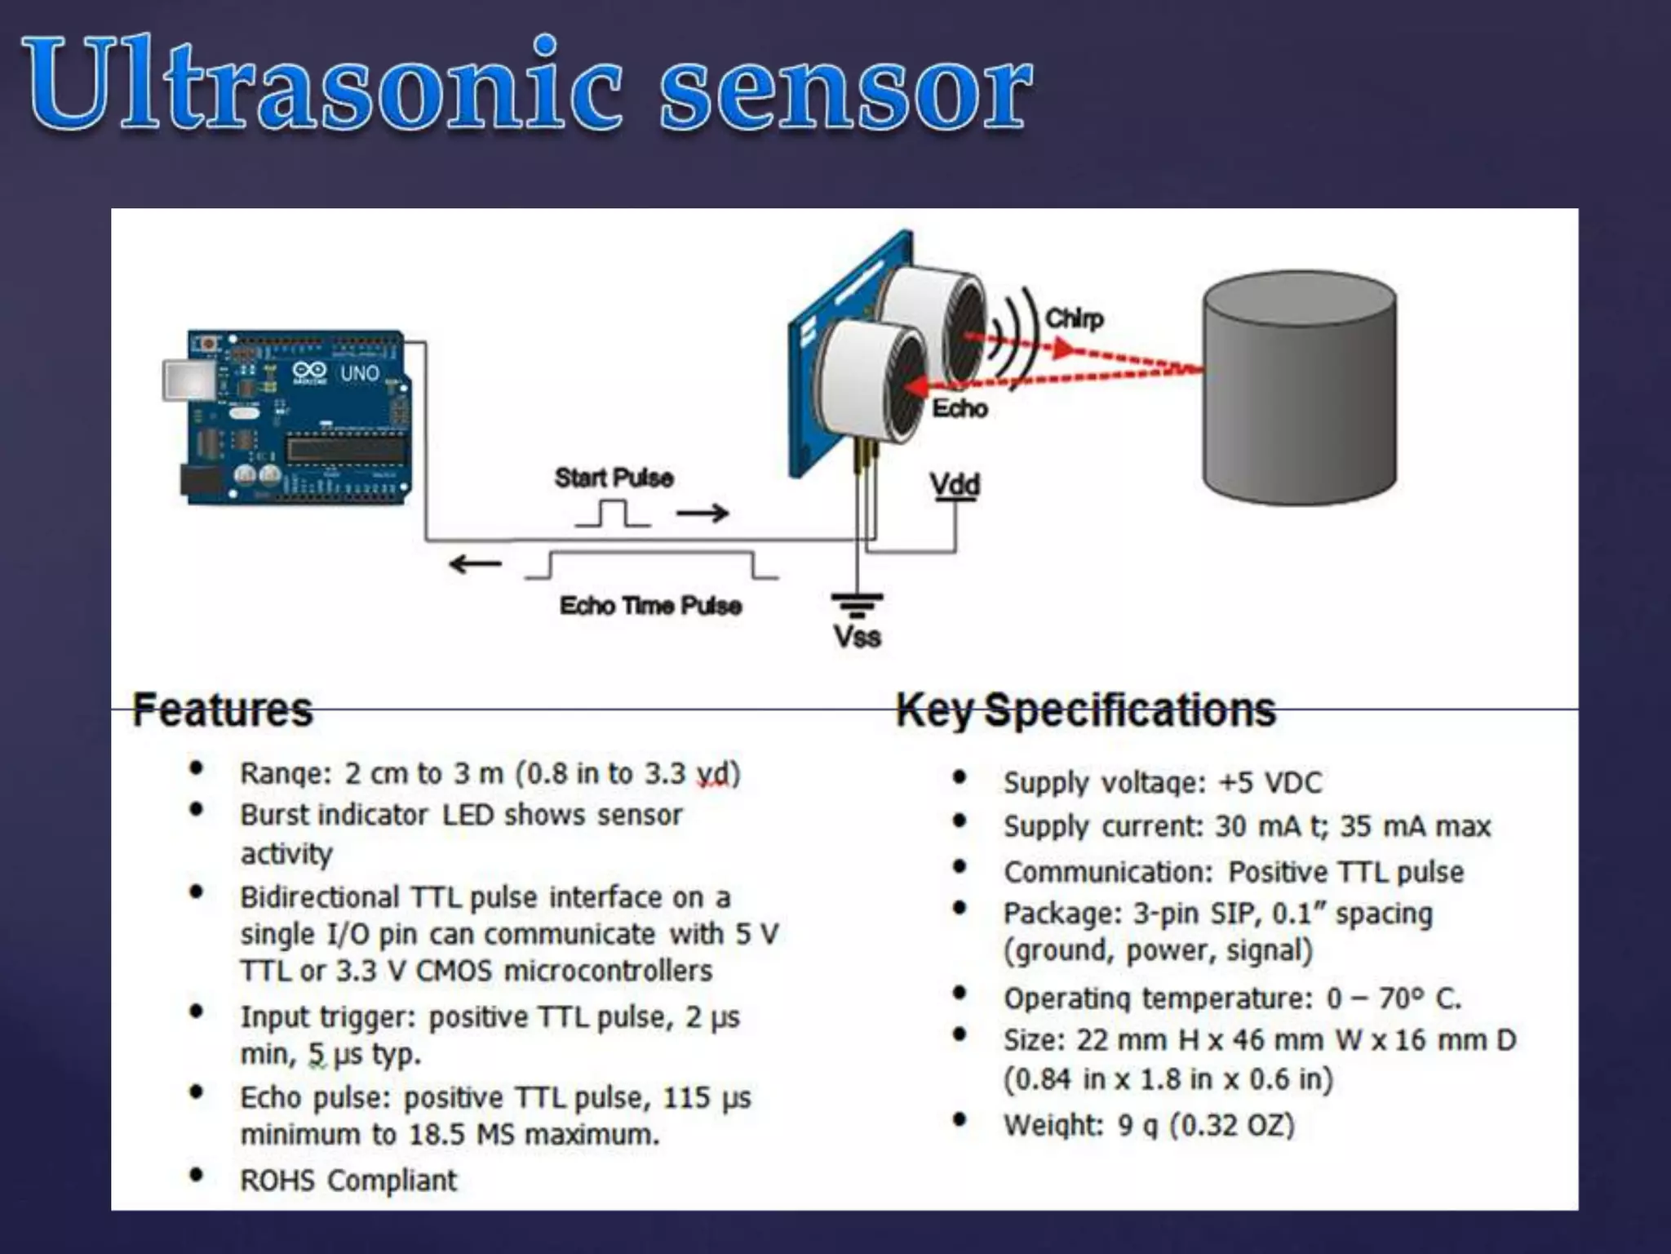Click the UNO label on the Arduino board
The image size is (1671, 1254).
tap(360, 373)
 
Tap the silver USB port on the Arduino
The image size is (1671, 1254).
tap(188, 380)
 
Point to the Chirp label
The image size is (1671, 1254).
tap(1074, 318)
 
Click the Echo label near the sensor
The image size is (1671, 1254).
tap(960, 408)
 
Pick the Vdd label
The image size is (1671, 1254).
tap(955, 485)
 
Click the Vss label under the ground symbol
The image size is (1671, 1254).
tap(857, 636)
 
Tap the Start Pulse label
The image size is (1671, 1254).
tap(614, 478)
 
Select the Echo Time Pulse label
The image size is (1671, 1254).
tap(650, 606)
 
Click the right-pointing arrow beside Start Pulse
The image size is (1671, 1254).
tap(703, 514)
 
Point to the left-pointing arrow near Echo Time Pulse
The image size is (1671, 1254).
tap(475, 563)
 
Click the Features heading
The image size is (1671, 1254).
tap(222, 709)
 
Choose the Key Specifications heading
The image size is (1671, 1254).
tap(1085, 709)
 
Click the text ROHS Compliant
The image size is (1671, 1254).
tap(348, 1181)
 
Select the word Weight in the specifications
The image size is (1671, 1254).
tap(1052, 1125)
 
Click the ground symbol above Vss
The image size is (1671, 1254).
tap(857, 605)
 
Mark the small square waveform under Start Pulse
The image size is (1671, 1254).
tap(614, 514)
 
